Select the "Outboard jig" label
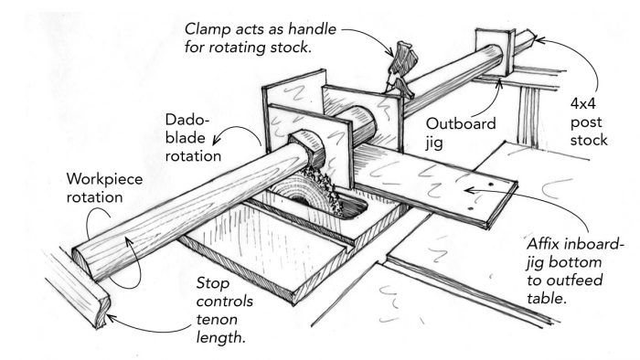[461, 132]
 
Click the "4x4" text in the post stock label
[583, 103]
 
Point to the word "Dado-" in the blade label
[187, 121]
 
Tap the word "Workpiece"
[104, 179]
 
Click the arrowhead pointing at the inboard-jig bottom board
[469, 190]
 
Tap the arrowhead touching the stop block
[111, 318]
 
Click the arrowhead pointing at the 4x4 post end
[539, 40]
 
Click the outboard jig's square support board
[495, 53]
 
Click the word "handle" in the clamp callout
[313, 29]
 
